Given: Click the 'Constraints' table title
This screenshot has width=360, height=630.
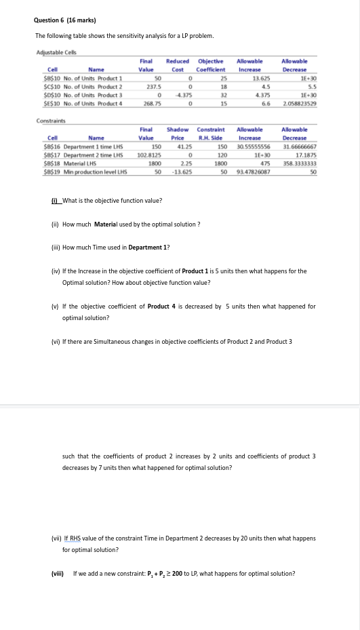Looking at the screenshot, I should [x=52, y=121].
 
